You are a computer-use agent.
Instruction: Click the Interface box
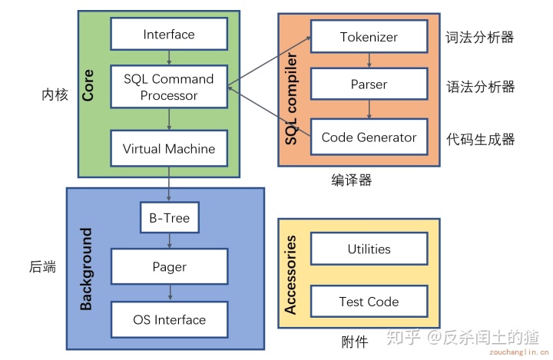[x=169, y=35]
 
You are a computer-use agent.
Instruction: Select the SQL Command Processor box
[x=169, y=87]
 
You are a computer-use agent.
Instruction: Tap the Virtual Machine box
[x=169, y=149]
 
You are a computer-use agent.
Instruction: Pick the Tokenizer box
[x=369, y=37]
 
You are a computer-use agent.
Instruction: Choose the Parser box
[x=369, y=84]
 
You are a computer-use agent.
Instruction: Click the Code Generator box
[x=369, y=137]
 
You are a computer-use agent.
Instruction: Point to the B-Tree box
[x=169, y=218]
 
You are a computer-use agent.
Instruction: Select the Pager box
[x=169, y=267]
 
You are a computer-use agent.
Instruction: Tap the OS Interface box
[x=169, y=319]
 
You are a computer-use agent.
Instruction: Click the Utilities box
[x=369, y=249]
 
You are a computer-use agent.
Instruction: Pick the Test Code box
[x=369, y=302]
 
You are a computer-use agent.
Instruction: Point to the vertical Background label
[x=86, y=269]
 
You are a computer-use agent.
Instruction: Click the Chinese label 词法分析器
[x=480, y=37]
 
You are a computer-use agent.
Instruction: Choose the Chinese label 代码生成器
[x=480, y=139]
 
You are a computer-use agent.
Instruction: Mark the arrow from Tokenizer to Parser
[x=369, y=61]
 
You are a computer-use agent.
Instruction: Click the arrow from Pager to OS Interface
[x=169, y=293]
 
